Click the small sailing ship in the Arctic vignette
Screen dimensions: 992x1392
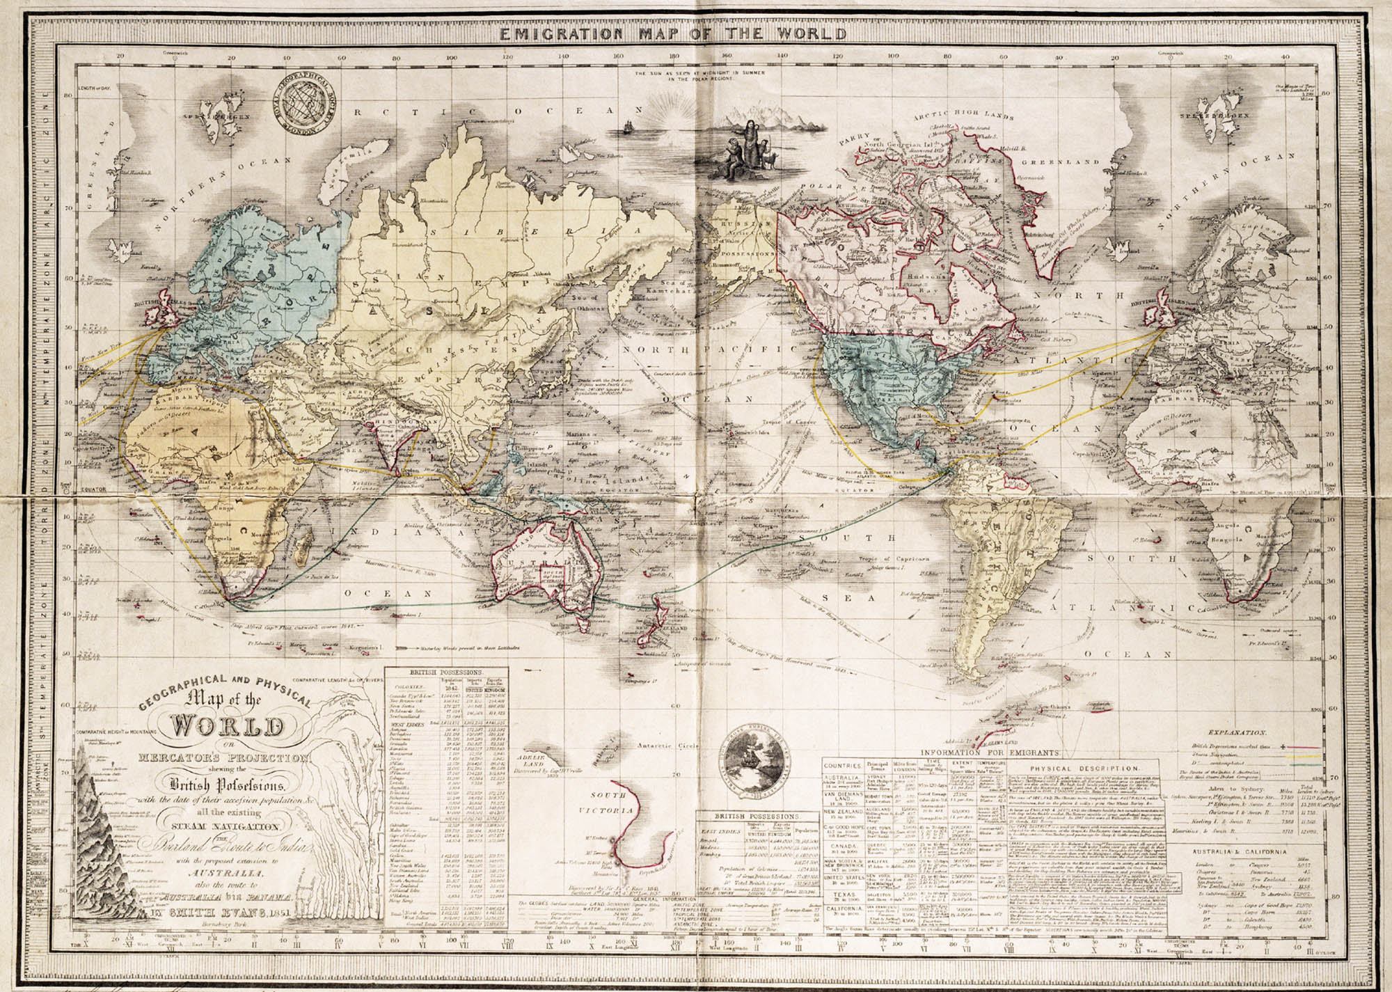(628, 127)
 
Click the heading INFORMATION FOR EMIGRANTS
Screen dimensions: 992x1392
(990, 753)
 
